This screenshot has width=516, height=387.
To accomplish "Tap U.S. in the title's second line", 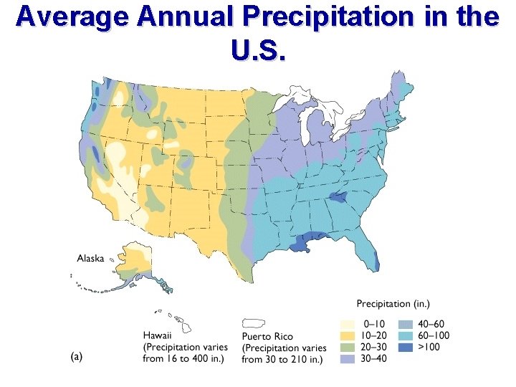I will point(258,50).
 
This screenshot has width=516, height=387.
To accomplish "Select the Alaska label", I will point(91,258).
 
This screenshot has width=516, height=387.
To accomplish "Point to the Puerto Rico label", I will point(267,336).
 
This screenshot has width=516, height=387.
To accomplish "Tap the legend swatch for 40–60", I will point(406,324).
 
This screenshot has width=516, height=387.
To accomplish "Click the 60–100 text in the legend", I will point(436,335).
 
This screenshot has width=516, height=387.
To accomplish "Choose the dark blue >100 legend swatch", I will point(406,347).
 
